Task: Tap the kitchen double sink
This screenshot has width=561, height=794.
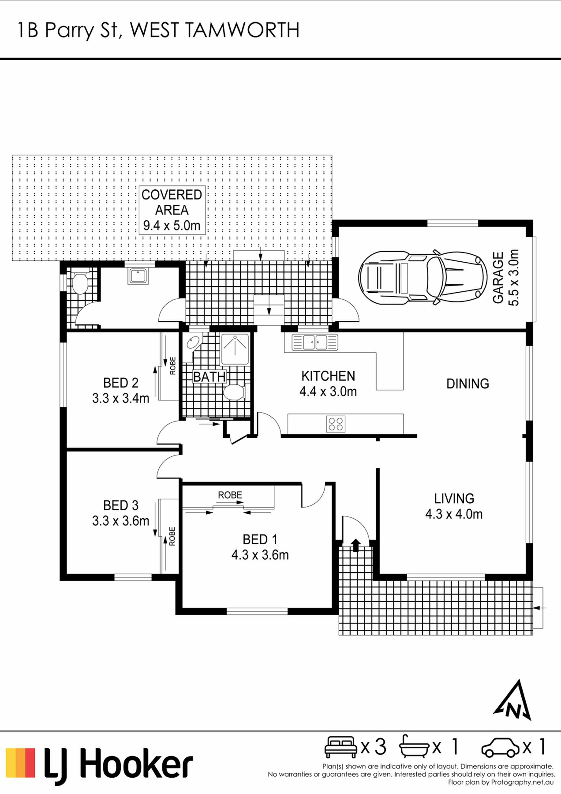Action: tap(315, 342)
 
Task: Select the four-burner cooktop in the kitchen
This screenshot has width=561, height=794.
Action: tap(336, 424)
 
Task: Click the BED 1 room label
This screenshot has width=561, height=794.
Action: tap(260, 539)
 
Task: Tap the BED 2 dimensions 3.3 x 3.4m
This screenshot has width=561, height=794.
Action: tap(121, 398)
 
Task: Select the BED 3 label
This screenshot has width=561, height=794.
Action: tap(121, 505)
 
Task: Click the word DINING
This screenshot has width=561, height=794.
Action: tap(468, 384)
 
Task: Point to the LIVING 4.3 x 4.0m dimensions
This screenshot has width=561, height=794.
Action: tap(454, 514)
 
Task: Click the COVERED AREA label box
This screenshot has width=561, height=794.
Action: tap(172, 210)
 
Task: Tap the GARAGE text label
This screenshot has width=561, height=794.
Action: tap(498, 278)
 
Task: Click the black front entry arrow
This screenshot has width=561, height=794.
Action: tap(355, 544)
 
